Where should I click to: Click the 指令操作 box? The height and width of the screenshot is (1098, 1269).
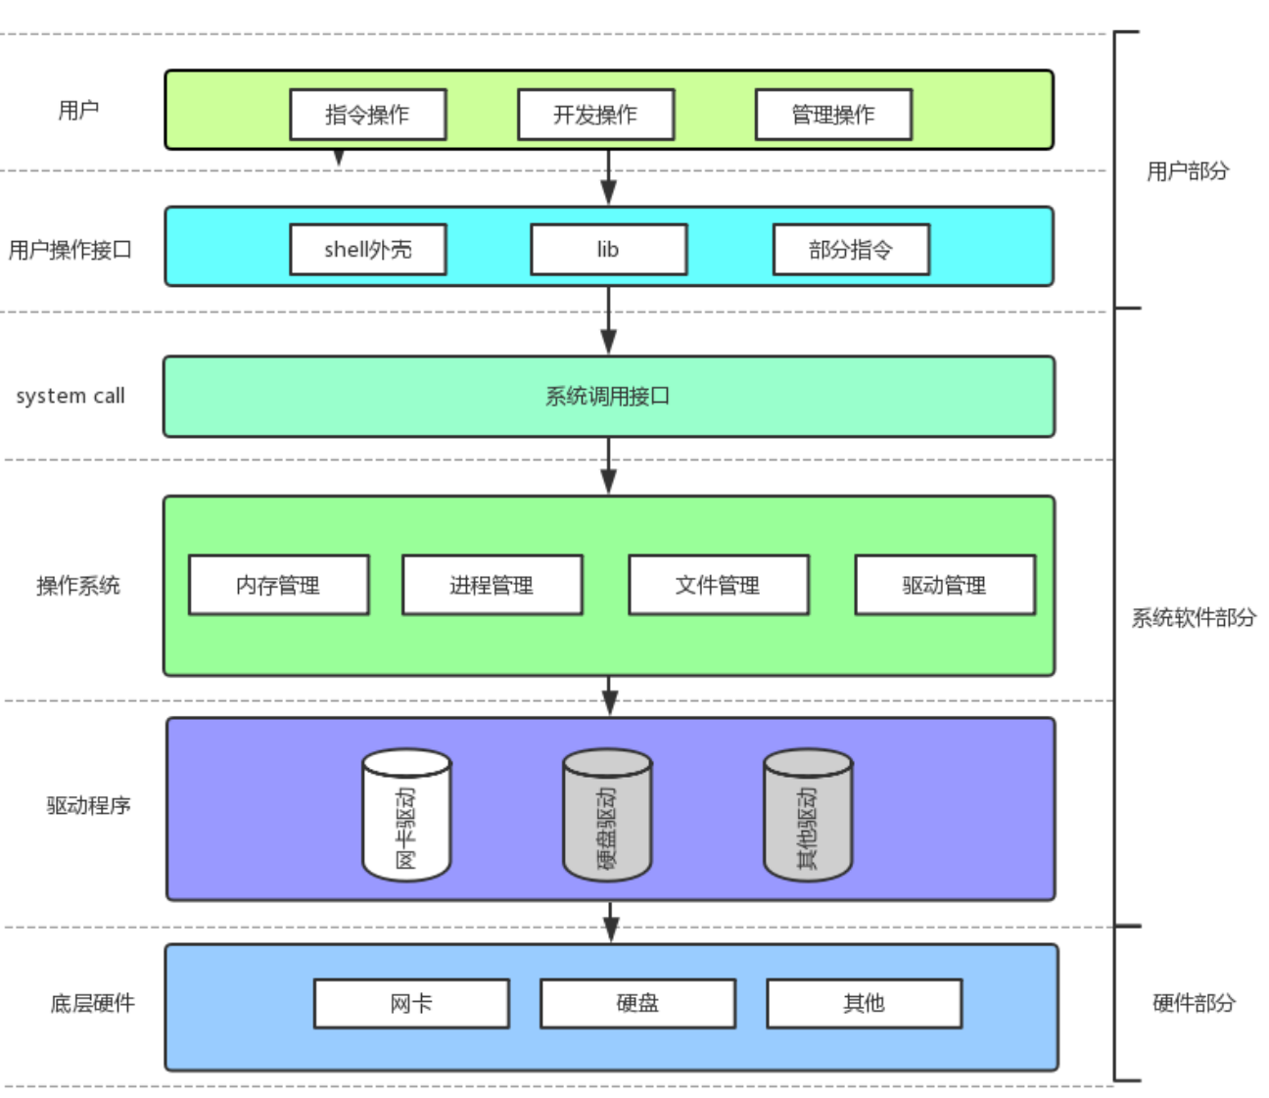[x=367, y=115]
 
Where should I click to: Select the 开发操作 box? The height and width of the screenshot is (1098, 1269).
[x=595, y=115]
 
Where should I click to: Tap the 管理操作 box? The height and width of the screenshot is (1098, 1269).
[x=833, y=115]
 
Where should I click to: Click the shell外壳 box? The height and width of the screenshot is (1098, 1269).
[x=367, y=250]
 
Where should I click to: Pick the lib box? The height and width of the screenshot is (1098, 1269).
[x=608, y=250]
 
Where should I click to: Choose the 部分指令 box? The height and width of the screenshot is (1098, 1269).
[x=851, y=250]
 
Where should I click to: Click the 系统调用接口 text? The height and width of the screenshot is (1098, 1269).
[x=608, y=397]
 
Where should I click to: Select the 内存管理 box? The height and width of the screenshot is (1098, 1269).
[x=278, y=586]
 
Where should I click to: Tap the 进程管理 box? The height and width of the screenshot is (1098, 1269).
[x=492, y=586]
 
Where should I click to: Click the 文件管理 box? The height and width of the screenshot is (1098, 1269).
[x=718, y=586]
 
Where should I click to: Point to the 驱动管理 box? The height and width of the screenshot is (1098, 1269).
[x=945, y=586]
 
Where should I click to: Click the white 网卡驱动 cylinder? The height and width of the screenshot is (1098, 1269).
[x=406, y=816]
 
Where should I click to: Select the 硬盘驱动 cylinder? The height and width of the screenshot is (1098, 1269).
[x=607, y=816]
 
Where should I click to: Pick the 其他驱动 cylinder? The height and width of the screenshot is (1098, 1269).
[x=808, y=816]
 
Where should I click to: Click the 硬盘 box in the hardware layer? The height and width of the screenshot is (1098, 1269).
[x=637, y=1003]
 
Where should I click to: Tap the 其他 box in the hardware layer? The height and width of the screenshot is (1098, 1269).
[x=864, y=1003]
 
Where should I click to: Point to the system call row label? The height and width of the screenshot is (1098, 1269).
[x=70, y=396]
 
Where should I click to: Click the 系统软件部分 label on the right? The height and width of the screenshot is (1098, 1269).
[x=1194, y=617]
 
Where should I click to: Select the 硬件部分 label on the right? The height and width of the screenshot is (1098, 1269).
[x=1194, y=1003]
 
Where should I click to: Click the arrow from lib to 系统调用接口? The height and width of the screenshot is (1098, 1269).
[x=608, y=320]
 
